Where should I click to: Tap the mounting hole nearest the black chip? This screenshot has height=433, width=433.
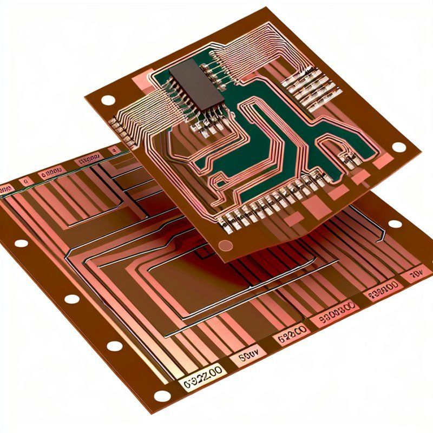click(108, 100)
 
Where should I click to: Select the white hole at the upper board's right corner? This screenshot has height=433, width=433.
click(398, 147)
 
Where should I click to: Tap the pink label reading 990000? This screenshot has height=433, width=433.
click(334, 319)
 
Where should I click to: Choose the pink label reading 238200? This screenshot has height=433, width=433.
click(380, 293)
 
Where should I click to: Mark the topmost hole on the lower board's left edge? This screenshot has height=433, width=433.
click(21, 243)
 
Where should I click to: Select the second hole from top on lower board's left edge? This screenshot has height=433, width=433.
click(71, 299)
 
